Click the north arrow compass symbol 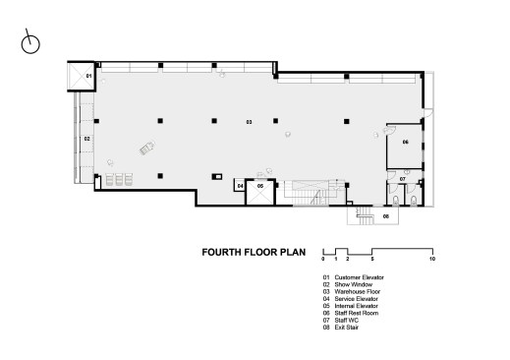30,44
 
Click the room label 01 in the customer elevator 88,76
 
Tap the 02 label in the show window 86,139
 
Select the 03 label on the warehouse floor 249,122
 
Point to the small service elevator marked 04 240,186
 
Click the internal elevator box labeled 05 260,193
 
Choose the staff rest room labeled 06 405,147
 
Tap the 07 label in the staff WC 403,179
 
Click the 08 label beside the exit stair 386,216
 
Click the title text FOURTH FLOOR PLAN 254,252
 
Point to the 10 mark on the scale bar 432,259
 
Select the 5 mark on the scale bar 372,259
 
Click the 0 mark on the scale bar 323,259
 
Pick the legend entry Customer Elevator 359,277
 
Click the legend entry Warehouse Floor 358,291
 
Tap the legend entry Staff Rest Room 357,313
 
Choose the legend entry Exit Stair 347,328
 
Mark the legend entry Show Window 354,284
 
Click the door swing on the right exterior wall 427,112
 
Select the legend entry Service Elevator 357,299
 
